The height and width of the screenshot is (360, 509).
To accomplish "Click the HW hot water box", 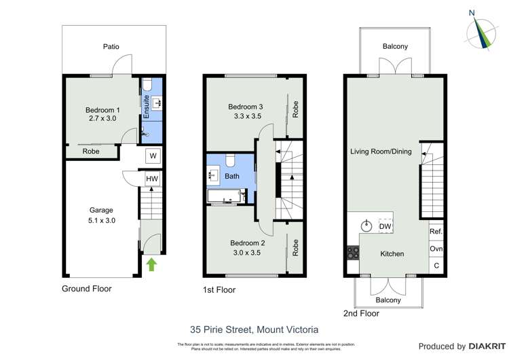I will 153,179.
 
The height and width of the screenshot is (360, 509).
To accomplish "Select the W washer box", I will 153,156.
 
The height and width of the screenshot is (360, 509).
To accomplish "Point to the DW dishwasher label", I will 384,226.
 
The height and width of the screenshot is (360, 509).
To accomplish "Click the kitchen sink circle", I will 367,226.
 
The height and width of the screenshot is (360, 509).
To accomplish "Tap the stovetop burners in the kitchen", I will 353,253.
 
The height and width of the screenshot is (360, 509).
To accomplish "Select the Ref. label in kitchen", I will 436,232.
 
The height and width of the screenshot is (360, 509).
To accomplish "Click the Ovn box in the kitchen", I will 436,249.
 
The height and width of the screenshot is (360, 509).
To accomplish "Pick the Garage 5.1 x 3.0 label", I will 102,215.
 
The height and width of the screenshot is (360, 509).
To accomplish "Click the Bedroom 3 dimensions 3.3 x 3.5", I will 244,116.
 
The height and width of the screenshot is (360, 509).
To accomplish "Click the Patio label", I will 111,47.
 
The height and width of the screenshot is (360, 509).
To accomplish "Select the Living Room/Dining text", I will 381,151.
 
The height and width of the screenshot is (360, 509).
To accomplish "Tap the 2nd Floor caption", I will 360,313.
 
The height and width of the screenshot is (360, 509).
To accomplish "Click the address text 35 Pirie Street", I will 254,330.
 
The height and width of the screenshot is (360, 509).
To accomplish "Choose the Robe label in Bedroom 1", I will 92,151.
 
